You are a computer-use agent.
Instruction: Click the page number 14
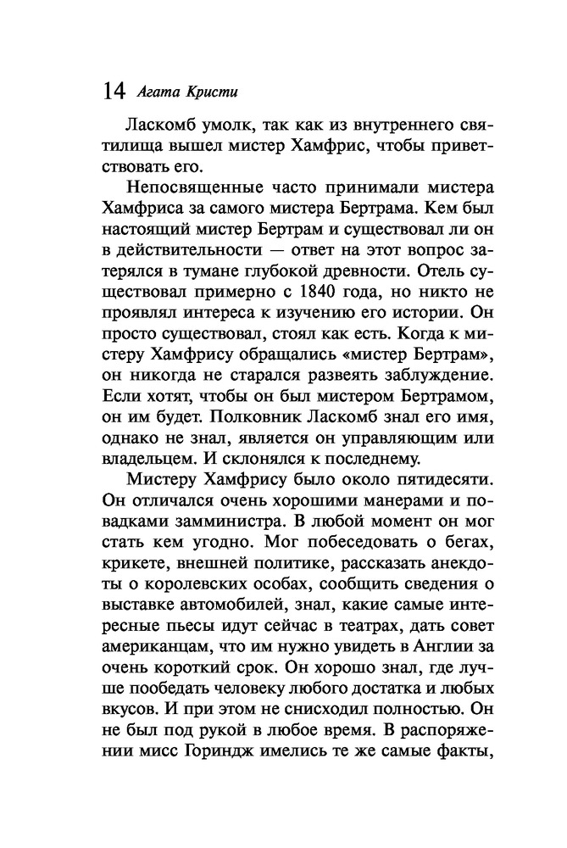coord(112,90)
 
